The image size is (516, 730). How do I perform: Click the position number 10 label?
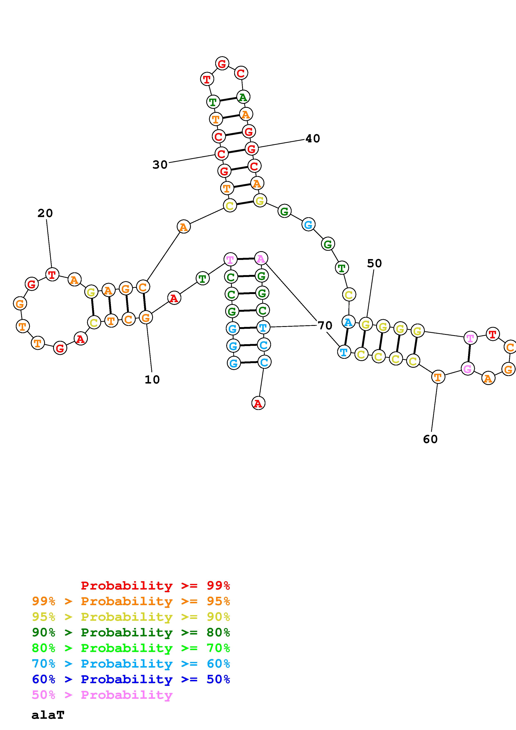click(x=152, y=380)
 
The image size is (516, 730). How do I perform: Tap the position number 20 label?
click(x=45, y=213)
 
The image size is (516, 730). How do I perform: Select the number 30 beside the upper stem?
click(x=160, y=165)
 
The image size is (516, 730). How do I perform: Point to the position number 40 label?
click(x=312, y=139)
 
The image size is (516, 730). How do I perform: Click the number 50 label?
click(x=374, y=263)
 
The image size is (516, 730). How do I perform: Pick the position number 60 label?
click(x=430, y=439)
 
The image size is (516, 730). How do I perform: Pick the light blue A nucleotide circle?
click(x=348, y=322)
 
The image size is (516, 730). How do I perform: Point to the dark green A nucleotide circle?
click(x=243, y=97)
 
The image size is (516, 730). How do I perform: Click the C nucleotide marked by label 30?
click(x=221, y=154)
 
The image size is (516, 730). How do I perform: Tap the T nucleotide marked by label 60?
click(x=438, y=377)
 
